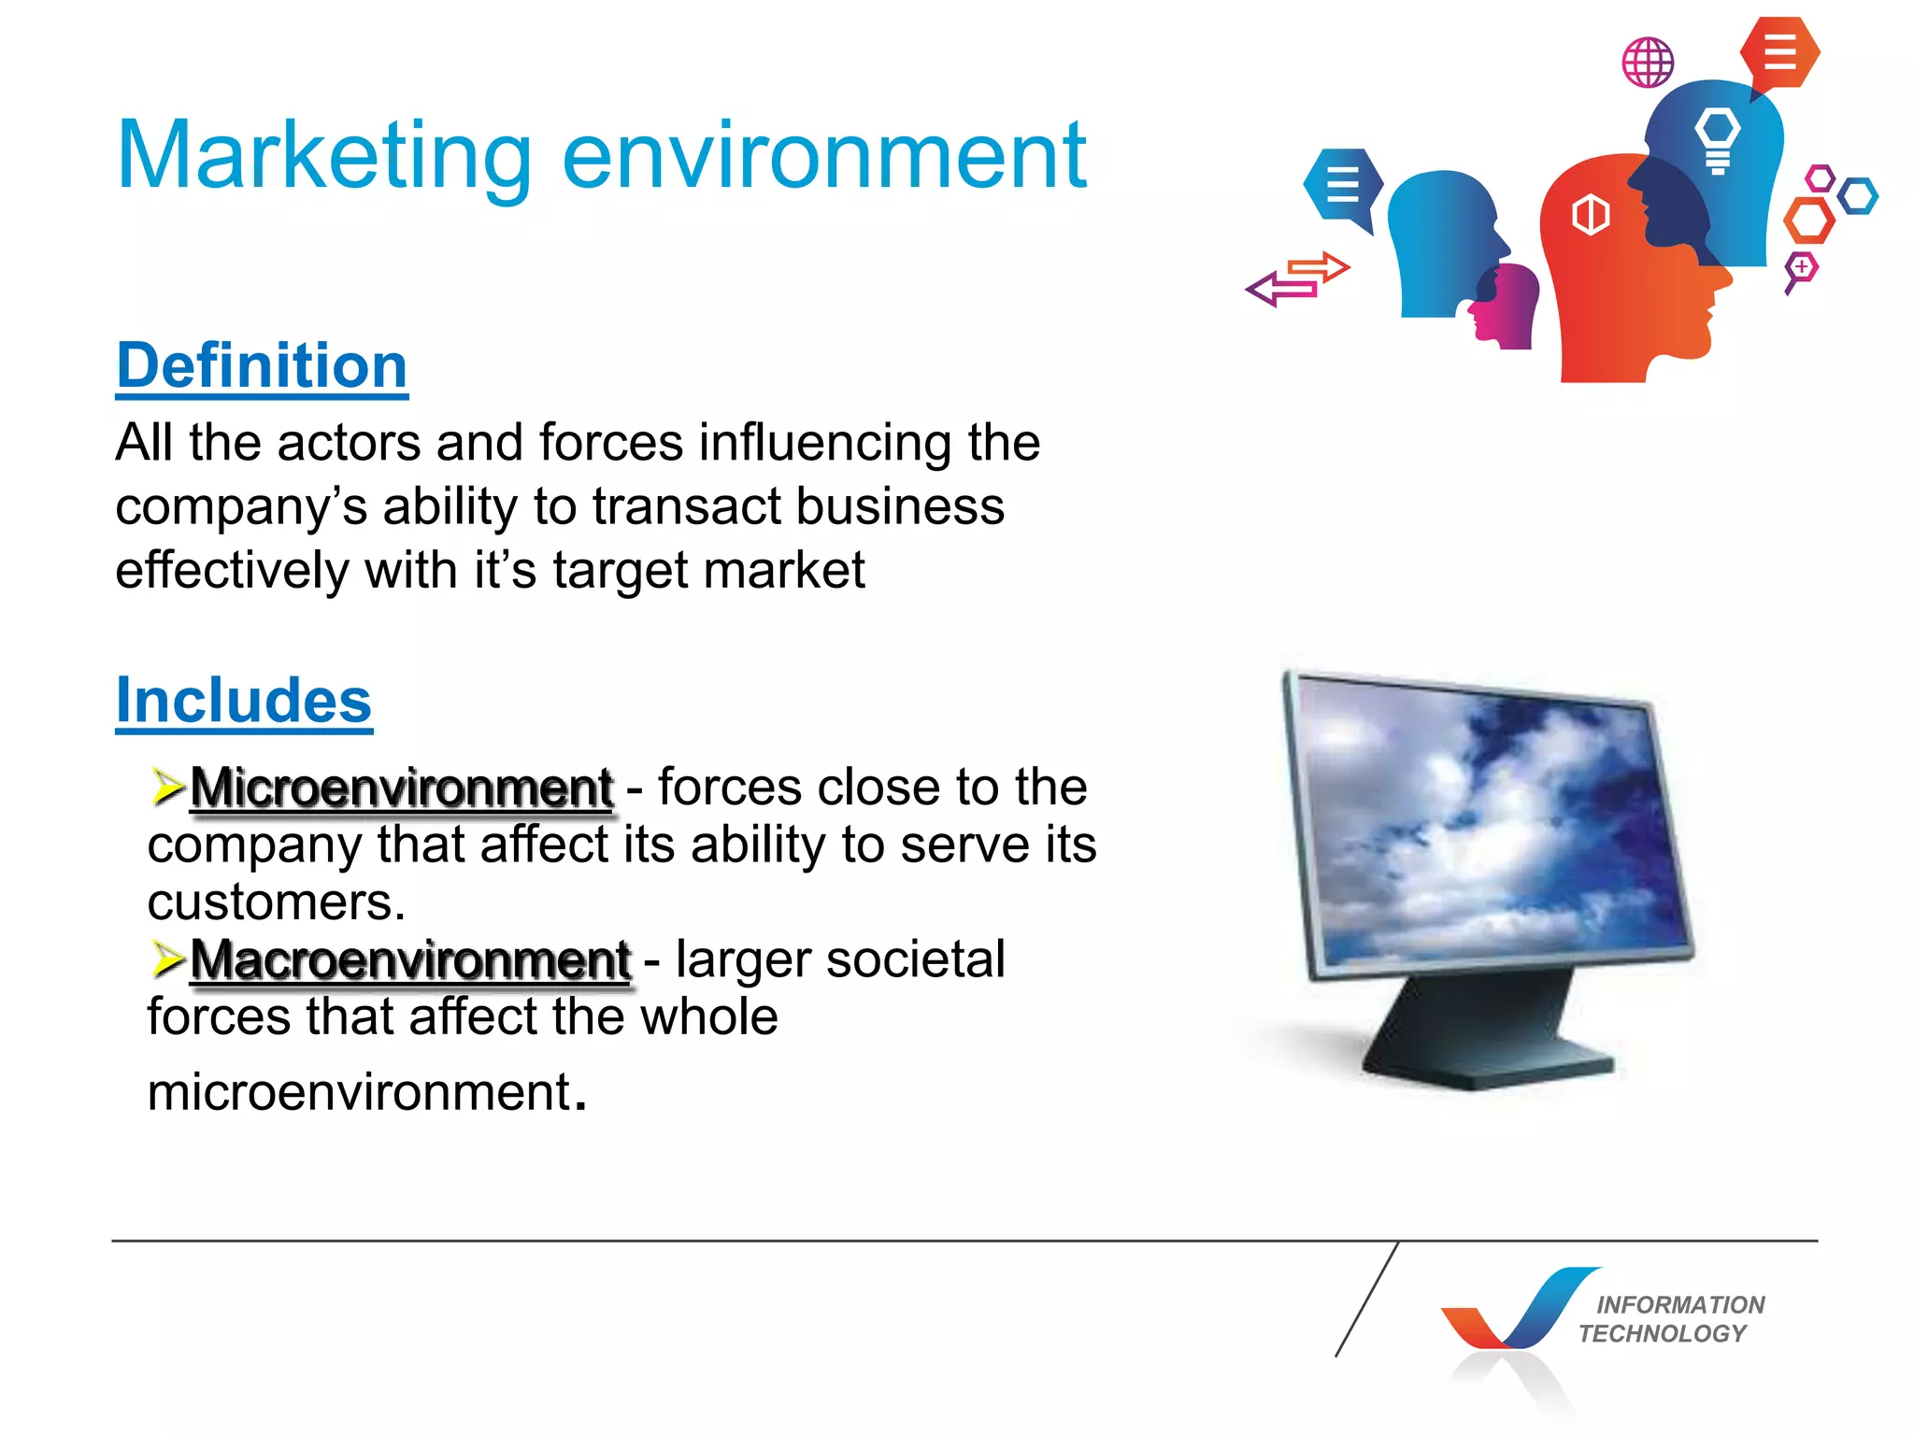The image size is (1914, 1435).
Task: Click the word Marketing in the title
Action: click(x=323, y=157)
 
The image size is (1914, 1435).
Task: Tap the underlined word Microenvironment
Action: click(x=402, y=788)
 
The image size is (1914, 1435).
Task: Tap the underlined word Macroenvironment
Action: click(x=411, y=959)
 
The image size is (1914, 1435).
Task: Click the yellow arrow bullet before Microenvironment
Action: click(x=168, y=787)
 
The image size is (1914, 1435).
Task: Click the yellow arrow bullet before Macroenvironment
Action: click(x=168, y=959)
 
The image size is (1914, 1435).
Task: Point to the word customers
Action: click(x=276, y=902)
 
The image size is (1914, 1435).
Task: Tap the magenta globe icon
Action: click(x=1648, y=63)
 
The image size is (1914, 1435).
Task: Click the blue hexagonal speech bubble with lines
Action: click(x=1342, y=184)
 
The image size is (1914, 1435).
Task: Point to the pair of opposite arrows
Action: click(x=1298, y=279)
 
